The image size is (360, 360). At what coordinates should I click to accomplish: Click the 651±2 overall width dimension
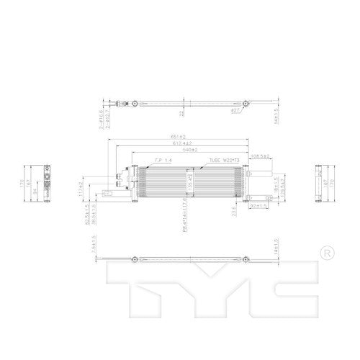pos(179,137)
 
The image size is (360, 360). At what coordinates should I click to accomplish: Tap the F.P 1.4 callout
pos(163,161)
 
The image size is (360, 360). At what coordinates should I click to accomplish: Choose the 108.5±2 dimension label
pos(259,156)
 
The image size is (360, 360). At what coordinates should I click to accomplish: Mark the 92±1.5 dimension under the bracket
pos(258,205)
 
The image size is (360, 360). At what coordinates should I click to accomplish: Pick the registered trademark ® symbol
pos(328,253)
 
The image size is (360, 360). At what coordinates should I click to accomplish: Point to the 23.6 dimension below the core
pos(233,210)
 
